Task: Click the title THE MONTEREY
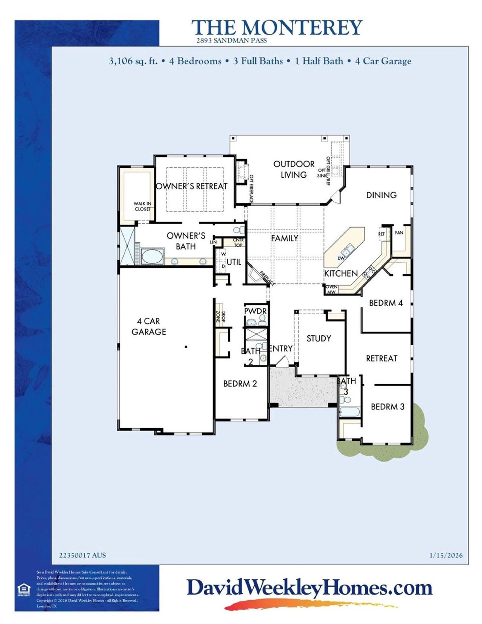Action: pos(277,28)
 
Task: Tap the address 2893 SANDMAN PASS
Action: pos(231,41)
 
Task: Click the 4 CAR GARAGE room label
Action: pos(149,326)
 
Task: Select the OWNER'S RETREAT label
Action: pos(192,186)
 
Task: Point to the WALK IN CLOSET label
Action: pos(142,206)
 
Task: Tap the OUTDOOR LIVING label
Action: pos(294,169)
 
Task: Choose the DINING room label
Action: pos(381,195)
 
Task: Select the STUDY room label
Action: pos(319,338)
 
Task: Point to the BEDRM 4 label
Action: pos(386,303)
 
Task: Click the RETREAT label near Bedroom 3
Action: pos(381,358)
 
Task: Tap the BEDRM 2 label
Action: pos(240,384)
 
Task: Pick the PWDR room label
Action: pos(255,311)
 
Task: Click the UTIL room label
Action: pos(234,262)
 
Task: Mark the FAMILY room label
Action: pos(284,238)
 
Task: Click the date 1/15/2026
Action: pos(446,555)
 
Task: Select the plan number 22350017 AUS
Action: pos(82,555)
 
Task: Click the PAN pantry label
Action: pos(399,233)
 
